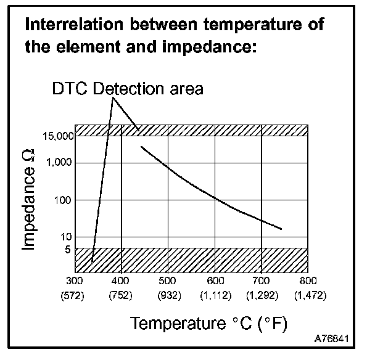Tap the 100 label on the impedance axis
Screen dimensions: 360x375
coord(65,200)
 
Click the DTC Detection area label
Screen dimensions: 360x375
coord(128,89)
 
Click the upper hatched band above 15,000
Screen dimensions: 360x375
coord(191,130)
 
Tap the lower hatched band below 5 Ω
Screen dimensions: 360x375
coord(191,260)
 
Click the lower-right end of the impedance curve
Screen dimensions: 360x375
coord(281,229)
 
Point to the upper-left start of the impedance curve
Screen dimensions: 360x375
coord(142,147)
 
